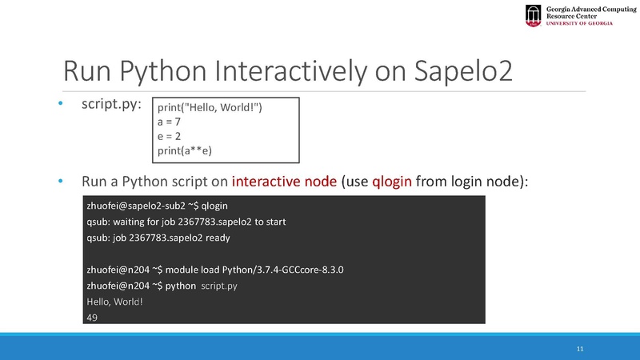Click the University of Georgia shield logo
pos(534,14)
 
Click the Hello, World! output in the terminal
pos(114,302)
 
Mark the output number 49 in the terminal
pos(91,318)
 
